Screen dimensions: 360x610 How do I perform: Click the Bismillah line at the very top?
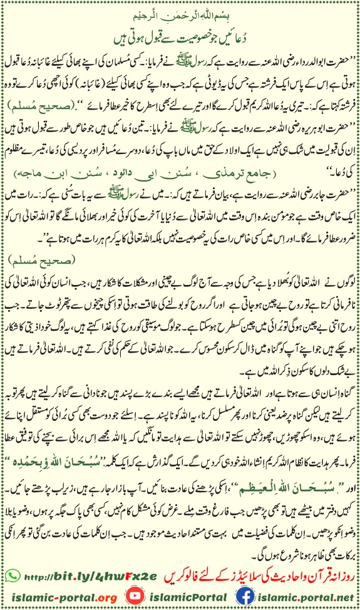(180, 13)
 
